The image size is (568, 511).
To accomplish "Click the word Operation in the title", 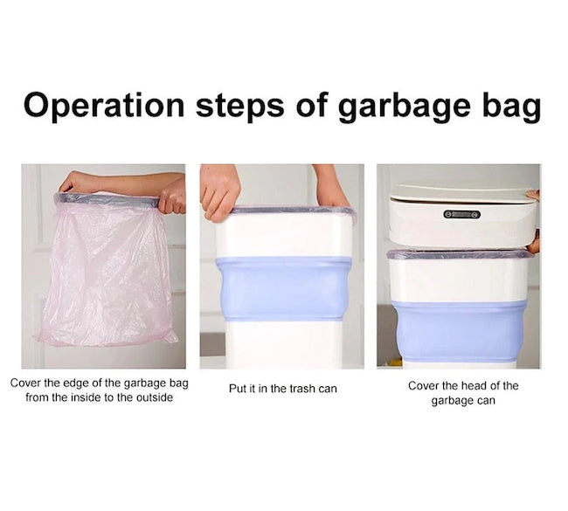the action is [104, 106].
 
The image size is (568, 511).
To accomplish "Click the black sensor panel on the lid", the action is [462, 214].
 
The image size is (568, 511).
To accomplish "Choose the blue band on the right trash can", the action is [460, 331].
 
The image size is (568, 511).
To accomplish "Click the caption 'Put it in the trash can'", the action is [283, 389].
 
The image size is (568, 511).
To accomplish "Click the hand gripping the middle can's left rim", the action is [219, 192].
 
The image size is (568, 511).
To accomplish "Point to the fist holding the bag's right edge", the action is [173, 196].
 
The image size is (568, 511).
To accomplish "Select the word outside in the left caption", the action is [155, 397].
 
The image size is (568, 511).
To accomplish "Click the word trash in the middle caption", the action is [303, 389].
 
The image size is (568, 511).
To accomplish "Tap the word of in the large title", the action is [310, 106].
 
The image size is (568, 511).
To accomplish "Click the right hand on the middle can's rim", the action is [329, 187].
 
